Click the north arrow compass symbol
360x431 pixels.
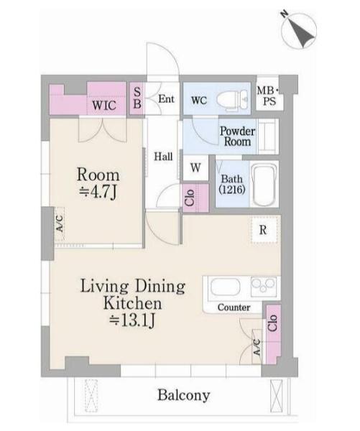(x=299, y=30)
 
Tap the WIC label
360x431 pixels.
(x=104, y=106)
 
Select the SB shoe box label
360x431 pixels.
(x=137, y=98)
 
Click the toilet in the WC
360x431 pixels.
(x=233, y=101)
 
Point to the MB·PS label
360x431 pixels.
(x=269, y=96)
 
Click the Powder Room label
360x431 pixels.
(x=237, y=136)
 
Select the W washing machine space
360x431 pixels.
(x=195, y=167)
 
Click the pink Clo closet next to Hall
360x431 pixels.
(x=195, y=198)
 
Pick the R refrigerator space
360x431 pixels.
(x=264, y=230)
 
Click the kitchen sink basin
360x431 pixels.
(x=226, y=288)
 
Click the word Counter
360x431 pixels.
(x=234, y=307)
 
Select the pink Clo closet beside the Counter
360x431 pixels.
(x=273, y=333)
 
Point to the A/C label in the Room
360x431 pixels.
(x=60, y=223)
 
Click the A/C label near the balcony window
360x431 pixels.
(x=257, y=347)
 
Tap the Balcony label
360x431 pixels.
(x=184, y=395)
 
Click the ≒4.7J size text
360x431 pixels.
(x=98, y=192)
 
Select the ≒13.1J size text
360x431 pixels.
(x=132, y=320)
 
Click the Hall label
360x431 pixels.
(x=163, y=157)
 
